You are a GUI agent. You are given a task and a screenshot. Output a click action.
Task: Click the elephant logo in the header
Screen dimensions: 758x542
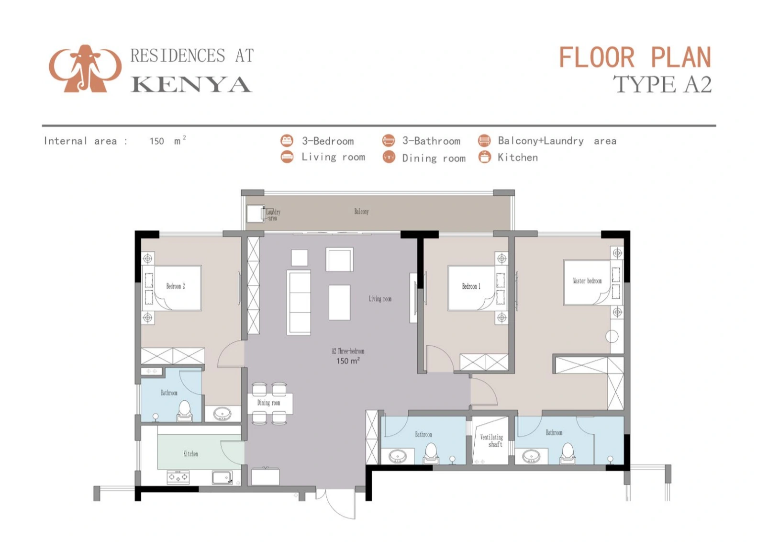[85, 68]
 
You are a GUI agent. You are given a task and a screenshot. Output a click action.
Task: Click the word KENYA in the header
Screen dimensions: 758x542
[191, 84]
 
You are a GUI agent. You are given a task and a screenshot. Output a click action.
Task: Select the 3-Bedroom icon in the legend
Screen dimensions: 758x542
[287, 140]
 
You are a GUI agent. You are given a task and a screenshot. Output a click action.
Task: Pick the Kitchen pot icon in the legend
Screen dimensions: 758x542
[485, 158]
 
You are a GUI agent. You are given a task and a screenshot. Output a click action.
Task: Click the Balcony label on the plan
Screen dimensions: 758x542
[361, 212]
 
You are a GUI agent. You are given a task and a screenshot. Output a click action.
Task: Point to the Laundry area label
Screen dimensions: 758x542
[273, 215]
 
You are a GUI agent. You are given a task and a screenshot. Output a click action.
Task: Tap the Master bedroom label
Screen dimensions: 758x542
[587, 281]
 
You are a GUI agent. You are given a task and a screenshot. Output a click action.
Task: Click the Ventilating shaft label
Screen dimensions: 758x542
[491, 440]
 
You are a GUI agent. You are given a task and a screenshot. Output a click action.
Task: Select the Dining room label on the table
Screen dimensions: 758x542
[268, 403]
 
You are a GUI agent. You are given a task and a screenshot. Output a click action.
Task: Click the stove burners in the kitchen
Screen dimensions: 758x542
[178, 477]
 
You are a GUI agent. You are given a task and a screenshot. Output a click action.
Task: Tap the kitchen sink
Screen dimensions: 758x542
[222, 477]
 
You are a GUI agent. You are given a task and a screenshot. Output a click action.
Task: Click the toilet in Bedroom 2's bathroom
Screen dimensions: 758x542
[184, 410]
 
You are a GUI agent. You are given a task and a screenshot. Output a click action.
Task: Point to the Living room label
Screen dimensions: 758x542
[380, 299]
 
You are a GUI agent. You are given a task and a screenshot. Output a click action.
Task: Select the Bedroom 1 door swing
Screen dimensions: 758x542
[439, 358]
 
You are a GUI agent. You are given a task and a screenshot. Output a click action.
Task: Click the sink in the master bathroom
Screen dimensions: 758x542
[531, 456]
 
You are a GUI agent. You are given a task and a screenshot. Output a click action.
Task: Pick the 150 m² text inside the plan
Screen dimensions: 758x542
[348, 361]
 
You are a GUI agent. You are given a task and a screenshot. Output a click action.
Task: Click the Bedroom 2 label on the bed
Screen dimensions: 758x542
[176, 286]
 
